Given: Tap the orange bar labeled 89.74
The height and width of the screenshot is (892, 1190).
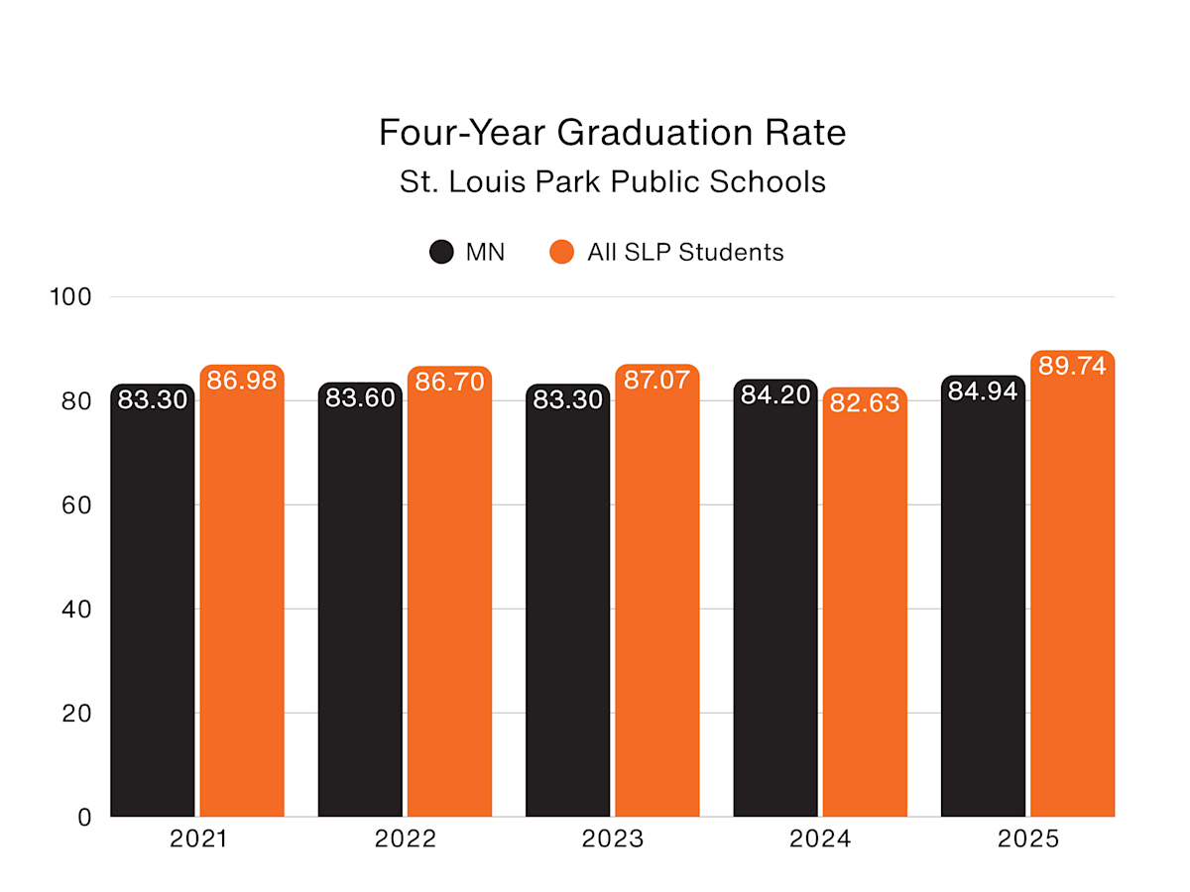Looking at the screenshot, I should tap(1072, 595).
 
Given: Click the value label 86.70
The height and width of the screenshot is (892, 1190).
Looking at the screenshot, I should tap(449, 381).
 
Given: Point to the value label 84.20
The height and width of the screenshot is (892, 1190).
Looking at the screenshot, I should tap(775, 395).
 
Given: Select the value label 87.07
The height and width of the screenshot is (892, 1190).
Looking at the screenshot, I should tap(656, 380).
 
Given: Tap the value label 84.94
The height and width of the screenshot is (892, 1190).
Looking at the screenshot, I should tap(983, 391).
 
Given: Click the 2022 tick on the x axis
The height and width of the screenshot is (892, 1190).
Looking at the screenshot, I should tap(406, 839).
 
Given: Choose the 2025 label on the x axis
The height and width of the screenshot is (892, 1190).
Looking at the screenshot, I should tap(1028, 839).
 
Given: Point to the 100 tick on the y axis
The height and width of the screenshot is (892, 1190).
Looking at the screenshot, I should tap(70, 297).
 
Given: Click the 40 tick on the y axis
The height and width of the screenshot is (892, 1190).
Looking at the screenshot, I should tap(70, 609).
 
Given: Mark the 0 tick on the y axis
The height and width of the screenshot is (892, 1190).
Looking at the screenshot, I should tap(84, 817).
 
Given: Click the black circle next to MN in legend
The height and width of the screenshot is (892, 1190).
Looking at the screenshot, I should tap(441, 252).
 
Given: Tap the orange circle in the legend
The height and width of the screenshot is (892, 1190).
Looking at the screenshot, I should tap(561, 252).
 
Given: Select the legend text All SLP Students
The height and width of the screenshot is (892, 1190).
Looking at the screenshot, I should tap(685, 252).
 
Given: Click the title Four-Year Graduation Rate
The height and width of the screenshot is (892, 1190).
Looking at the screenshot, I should tap(612, 133).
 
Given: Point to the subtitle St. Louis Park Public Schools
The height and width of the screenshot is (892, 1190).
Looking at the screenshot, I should tap(612, 182).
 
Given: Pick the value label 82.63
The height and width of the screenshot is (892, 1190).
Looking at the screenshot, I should tap(865, 403).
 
